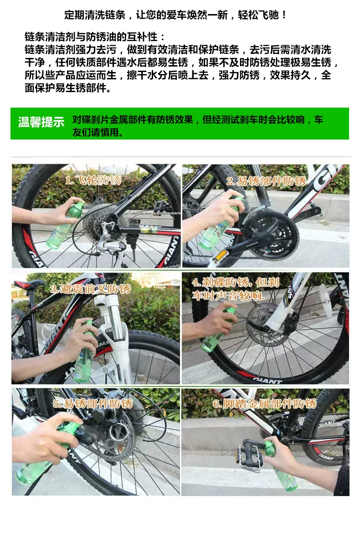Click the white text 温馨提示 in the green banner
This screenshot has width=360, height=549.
point(41,122)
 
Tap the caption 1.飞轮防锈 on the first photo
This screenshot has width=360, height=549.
point(93,180)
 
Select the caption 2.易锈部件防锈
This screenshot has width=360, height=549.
point(266,181)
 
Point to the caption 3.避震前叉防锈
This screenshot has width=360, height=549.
point(90,289)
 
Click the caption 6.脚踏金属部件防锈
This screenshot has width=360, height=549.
point(264,404)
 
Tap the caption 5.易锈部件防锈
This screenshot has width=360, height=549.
point(93,404)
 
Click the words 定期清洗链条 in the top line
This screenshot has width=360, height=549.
point(95,15)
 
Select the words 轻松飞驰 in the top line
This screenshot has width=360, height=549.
point(258,15)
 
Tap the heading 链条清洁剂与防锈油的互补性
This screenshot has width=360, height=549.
point(91,37)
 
